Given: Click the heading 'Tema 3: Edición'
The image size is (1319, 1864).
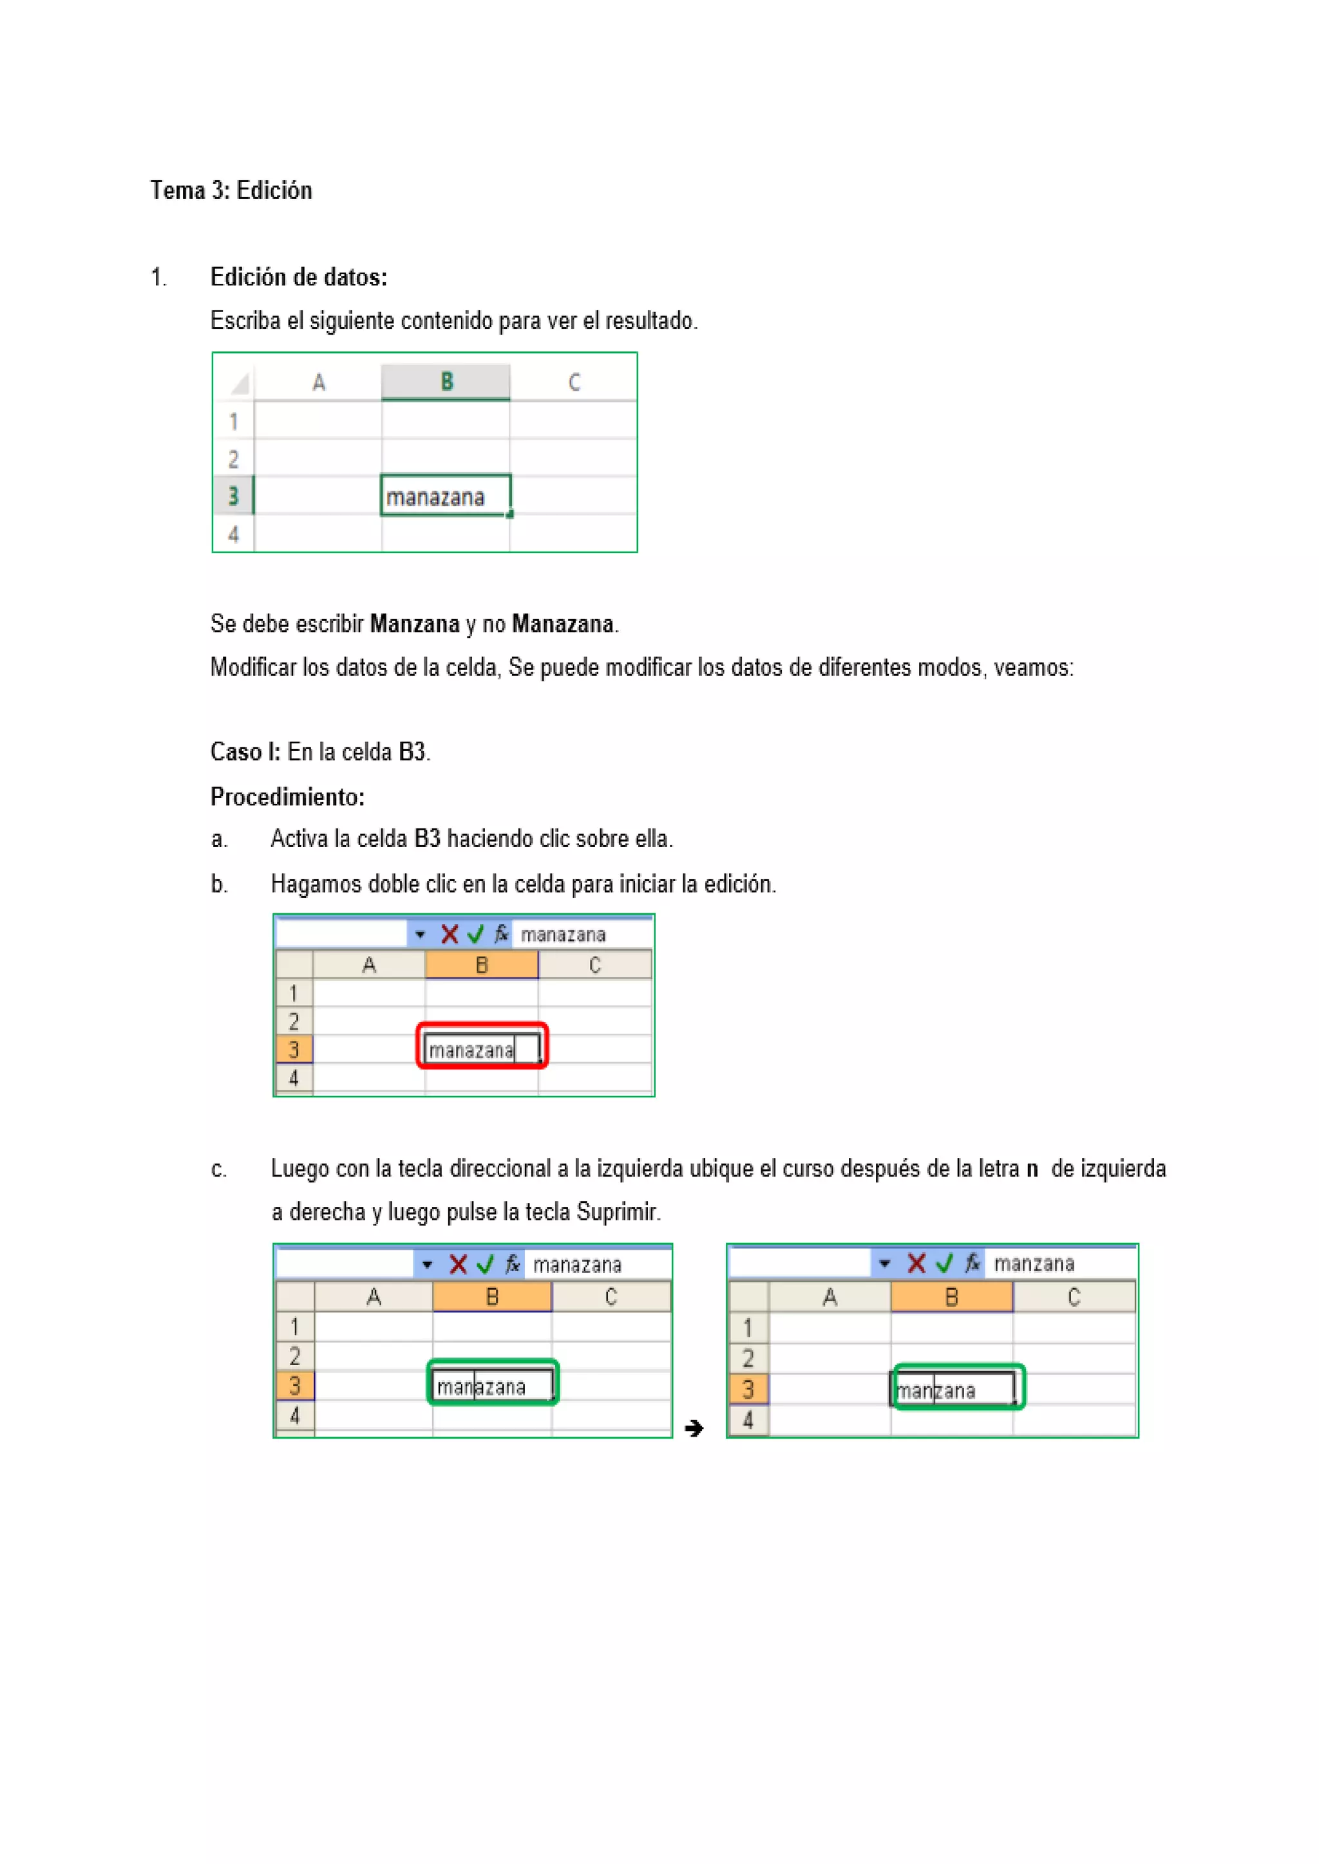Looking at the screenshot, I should coord(231,191).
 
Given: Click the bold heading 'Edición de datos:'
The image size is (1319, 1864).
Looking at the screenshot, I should coord(298,277).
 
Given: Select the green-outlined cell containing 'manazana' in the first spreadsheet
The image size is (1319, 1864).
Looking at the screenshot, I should coord(445,496).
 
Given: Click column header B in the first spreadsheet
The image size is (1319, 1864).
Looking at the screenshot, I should coord(446,382).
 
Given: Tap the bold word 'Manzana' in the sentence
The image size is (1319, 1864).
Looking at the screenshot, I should coord(414,624).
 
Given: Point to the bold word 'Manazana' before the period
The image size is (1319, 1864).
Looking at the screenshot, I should coord(562,624).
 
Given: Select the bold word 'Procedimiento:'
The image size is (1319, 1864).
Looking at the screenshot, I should coord(287,797).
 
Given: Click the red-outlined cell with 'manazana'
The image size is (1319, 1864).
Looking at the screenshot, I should coord(482,1050).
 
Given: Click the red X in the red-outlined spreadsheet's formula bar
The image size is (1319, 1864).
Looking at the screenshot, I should coord(449,935).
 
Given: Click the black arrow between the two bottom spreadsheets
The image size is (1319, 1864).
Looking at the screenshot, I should coord(694,1428).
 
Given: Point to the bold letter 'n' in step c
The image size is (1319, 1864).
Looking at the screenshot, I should coord(1032,1169).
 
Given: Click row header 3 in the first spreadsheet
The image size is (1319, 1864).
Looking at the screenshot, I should coord(233,496).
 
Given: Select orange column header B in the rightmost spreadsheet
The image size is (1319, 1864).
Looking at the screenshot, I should coord(951,1298).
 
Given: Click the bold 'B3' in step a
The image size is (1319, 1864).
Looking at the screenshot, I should coord(426,839).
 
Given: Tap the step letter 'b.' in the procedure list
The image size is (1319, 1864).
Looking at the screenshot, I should coord(218,884).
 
